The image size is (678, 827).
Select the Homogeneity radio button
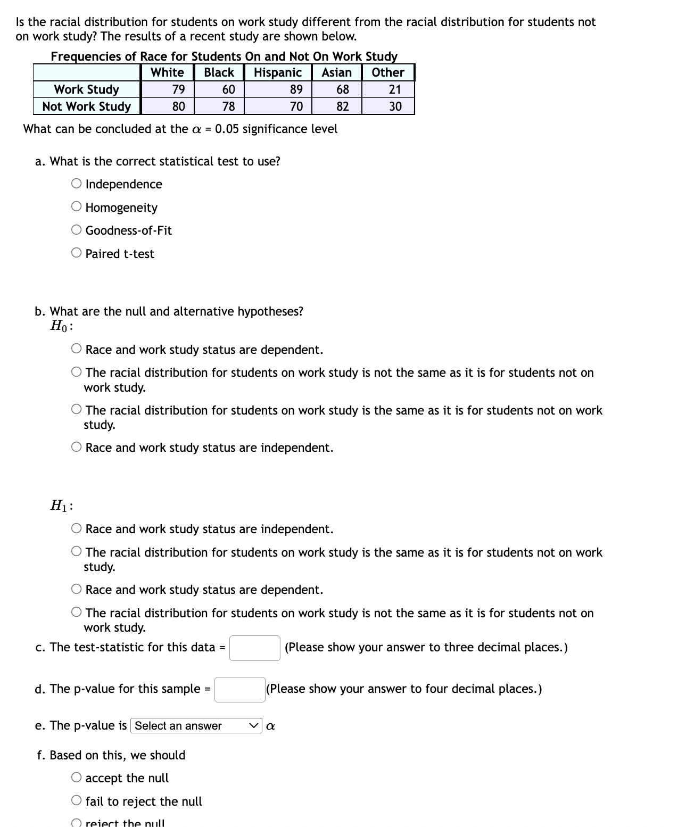point(77,207)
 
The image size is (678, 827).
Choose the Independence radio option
point(77,184)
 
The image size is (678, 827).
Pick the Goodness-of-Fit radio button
point(77,230)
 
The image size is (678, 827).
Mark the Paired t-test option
point(77,253)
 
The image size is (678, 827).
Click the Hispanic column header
point(277,72)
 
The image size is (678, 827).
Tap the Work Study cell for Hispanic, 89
point(296,89)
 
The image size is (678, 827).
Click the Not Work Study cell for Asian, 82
point(342,106)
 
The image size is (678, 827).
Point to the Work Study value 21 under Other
point(394,89)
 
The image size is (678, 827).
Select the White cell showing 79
point(178,89)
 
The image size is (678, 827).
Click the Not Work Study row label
point(86,106)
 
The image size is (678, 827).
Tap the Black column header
point(219,72)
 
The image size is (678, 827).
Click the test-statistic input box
point(254,648)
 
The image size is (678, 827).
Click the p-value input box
point(239,689)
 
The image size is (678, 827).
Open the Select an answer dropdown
point(196,726)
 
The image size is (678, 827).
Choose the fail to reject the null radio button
point(77,801)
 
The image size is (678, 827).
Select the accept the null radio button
point(77,778)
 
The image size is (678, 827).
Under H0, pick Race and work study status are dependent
point(77,349)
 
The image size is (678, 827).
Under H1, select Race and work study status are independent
point(77,528)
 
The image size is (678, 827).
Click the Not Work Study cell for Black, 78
point(228,106)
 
